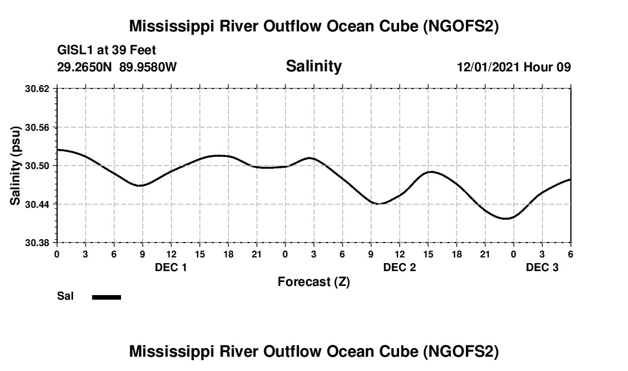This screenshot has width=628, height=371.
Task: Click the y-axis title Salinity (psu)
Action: click(16, 166)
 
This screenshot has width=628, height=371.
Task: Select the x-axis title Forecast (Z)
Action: click(313, 282)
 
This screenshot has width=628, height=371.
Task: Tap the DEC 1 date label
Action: click(171, 267)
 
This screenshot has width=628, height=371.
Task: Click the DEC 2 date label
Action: click(399, 267)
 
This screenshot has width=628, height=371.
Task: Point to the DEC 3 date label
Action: click(542, 267)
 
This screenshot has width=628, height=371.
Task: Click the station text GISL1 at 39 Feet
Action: click(107, 51)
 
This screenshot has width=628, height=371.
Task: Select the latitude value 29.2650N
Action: click(86, 67)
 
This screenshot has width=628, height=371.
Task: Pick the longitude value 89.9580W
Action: click(148, 67)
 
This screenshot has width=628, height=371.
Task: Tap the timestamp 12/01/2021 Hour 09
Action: click(514, 67)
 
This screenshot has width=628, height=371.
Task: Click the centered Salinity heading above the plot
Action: click(313, 66)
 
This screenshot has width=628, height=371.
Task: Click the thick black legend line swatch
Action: click(106, 297)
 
